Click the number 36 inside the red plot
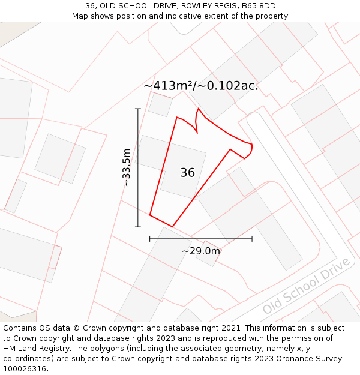tap(187, 173)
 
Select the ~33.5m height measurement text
tap(127, 167)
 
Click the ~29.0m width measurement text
tap(201, 251)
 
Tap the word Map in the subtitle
tap(80, 16)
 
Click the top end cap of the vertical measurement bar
tap(138, 109)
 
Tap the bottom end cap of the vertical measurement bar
tap(138, 227)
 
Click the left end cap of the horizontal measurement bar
tap(150, 239)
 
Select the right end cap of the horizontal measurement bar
tap(252, 239)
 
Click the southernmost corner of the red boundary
tap(172, 227)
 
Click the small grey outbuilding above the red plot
tap(160, 104)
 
